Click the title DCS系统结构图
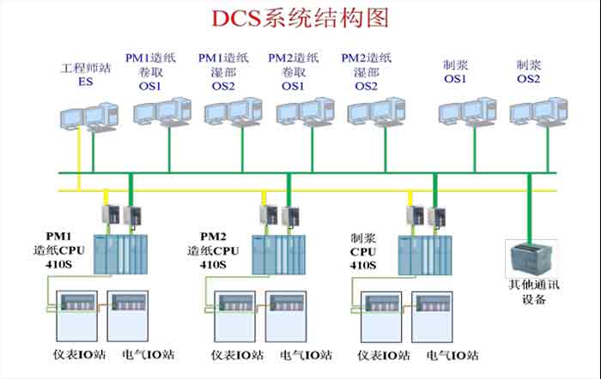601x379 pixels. (300, 18)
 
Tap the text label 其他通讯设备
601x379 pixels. (534, 292)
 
